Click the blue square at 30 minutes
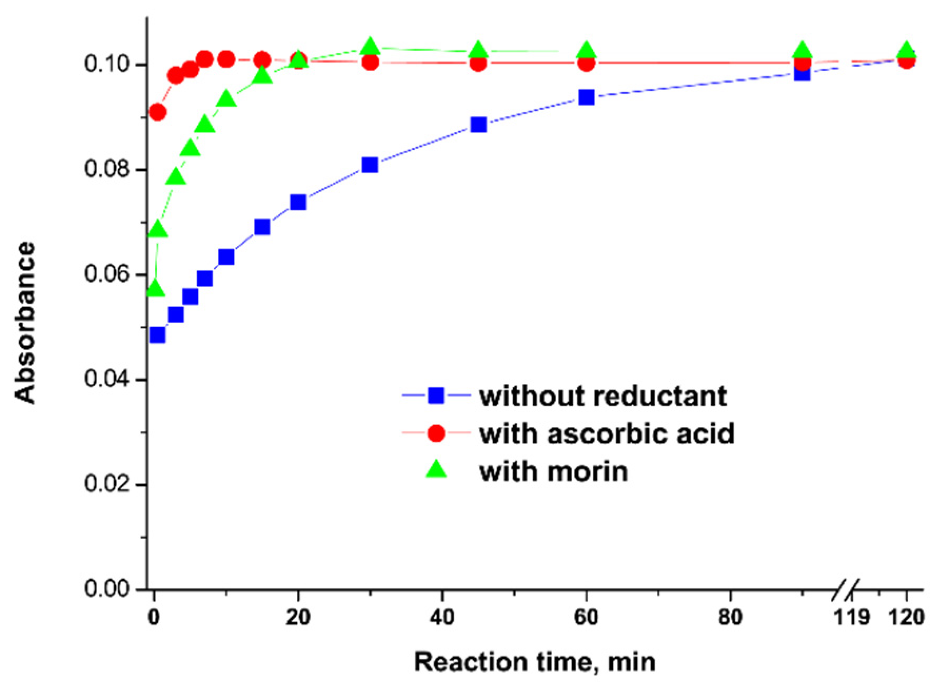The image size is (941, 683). (370, 165)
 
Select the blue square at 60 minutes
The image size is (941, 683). (586, 97)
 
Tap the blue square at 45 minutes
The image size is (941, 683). (478, 125)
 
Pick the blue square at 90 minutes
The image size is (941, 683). (802, 73)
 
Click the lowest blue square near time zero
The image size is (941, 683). (157, 335)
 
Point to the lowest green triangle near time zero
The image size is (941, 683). (156, 289)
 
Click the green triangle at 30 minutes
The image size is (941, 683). (370, 47)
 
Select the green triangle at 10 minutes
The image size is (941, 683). (226, 99)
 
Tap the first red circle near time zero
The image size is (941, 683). (157, 112)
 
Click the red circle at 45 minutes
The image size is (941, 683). (478, 63)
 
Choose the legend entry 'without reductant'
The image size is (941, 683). (602, 396)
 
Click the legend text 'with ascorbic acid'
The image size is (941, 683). (607, 433)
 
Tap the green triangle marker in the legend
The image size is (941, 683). (436, 469)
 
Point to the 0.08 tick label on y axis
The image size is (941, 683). (107, 170)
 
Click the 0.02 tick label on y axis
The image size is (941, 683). (107, 484)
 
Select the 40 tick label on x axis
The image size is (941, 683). (442, 617)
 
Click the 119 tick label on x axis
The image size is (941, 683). (851, 617)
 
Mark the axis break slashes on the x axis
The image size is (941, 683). (846, 590)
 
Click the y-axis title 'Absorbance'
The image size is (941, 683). (25, 322)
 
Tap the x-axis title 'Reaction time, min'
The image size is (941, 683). (534, 662)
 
